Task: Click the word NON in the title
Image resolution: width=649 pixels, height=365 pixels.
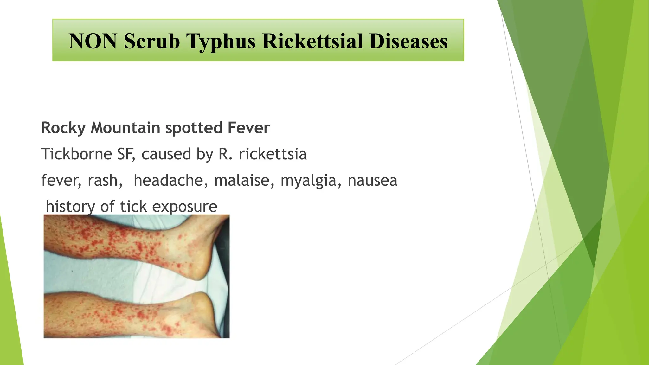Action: coord(93,41)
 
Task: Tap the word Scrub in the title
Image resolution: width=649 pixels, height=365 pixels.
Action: coord(152,41)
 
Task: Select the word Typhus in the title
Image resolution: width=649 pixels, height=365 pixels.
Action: coord(221,42)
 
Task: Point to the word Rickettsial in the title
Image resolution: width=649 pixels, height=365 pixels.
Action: coord(312,41)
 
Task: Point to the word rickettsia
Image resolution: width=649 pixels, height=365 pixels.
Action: coord(273,154)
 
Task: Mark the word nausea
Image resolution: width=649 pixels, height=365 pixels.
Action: coord(372,181)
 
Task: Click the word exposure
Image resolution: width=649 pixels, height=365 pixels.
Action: coord(185,207)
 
